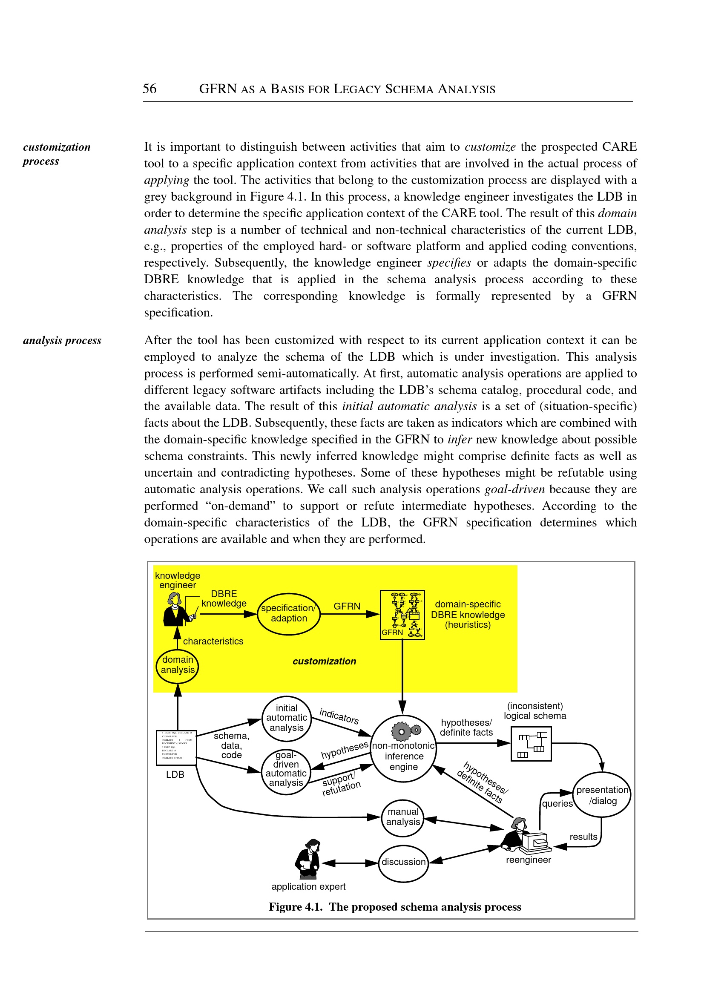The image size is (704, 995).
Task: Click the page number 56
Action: point(149,89)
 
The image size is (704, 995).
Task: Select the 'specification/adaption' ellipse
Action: point(288,613)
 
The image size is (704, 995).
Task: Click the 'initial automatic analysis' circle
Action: point(287,719)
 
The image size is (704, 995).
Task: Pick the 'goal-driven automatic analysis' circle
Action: point(286,772)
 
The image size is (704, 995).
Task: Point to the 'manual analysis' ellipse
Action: point(403,817)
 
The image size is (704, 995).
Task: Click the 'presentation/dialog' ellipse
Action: point(602,795)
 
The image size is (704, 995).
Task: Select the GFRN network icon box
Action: point(402,615)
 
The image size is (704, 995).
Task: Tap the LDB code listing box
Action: point(176,748)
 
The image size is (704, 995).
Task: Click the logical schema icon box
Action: point(531,744)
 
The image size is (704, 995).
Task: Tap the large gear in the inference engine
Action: point(401,731)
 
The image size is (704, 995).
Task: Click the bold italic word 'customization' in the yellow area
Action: point(324,661)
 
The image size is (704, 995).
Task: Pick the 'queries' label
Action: point(557,803)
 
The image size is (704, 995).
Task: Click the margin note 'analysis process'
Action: point(62,340)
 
